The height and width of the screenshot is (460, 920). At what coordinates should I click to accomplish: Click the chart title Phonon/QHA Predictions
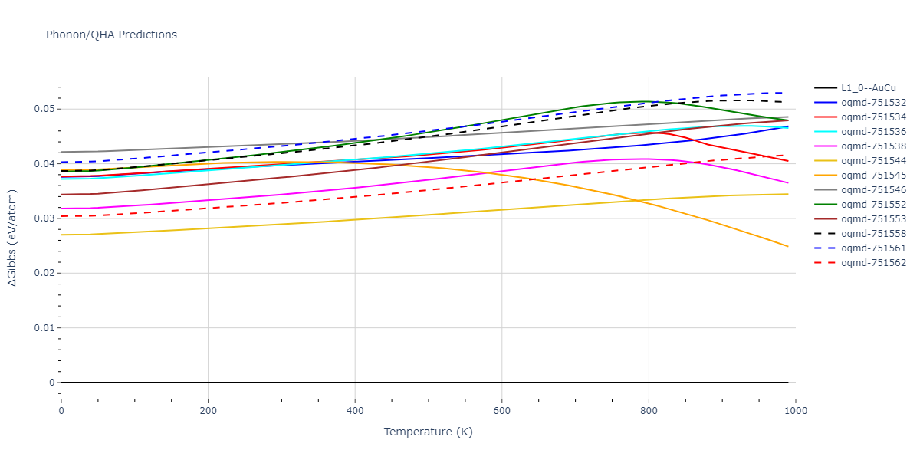[x=111, y=34]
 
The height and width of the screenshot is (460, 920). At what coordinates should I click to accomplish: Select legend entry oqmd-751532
[x=873, y=103]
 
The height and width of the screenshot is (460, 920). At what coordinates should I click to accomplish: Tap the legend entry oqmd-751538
[x=873, y=146]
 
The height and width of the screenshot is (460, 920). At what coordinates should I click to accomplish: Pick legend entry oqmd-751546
[x=873, y=190]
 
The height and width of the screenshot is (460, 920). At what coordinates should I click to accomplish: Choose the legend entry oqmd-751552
[x=873, y=205]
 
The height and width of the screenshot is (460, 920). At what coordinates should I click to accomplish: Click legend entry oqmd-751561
[x=873, y=248]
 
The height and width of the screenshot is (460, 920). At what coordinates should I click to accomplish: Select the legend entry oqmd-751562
[x=873, y=263]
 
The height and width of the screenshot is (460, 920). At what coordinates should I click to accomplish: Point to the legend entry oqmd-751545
[x=873, y=176]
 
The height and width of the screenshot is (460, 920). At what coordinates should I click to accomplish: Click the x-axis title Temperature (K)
[x=429, y=432]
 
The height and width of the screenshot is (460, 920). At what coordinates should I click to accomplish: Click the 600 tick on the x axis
[x=501, y=411]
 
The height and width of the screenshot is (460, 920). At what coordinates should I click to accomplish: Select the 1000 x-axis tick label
[x=795, y=411]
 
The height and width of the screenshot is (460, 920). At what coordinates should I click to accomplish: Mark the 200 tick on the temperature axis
[x=208, y=411]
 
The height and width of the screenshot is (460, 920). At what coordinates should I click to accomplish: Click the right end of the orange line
[x=788, y=247]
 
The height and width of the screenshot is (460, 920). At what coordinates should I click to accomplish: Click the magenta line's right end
[x=788, y=183]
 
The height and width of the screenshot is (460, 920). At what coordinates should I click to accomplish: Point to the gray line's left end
[x=61, y=152]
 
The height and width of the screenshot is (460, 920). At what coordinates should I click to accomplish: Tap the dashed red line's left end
[x=61, y=216]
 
